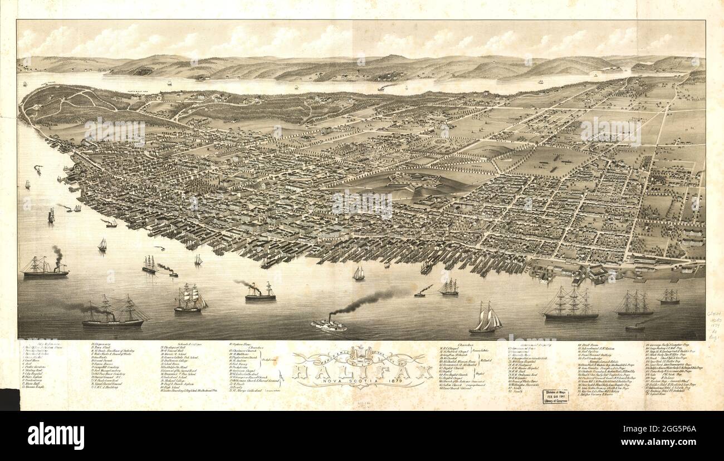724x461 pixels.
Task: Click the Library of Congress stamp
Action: [x=555, y=396]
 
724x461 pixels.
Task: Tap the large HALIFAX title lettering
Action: [x=362, y=368]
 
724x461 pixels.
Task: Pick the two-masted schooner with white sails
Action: [x=486, y=320]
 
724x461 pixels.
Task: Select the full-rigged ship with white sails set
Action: [x=189, y=300]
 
